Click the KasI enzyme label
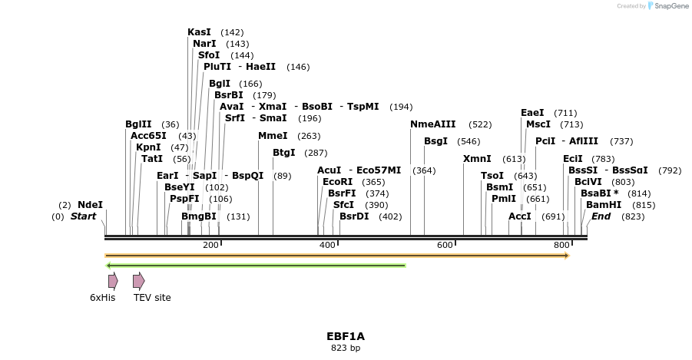click(x=199, y=32)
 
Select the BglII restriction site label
click(x=138, y=124)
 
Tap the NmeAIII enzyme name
click(x=433, y=124)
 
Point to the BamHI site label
click(x=604, y=205)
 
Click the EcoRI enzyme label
click(x=338, y=182)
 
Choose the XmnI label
click(x=477, y=159)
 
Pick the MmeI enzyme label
click(x=273, y=136)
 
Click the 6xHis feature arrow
click(x=113, y=281)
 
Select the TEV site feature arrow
click(x=138, y=281)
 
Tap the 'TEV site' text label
click(x=152, y=298)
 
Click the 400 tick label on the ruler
click(x=327, y=245)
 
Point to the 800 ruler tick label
click(x=561, y=245)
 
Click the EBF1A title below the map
click(x=346, y=336)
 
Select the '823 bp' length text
click(x=346, y=348)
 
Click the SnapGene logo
click(x=667, y=6)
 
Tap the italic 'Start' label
click(x=83, y=216)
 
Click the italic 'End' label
click(x=601, y=216)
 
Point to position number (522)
click(x=480, y=124)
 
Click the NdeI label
click(x=90, y=205)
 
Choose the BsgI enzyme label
click(x=435, y=141)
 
